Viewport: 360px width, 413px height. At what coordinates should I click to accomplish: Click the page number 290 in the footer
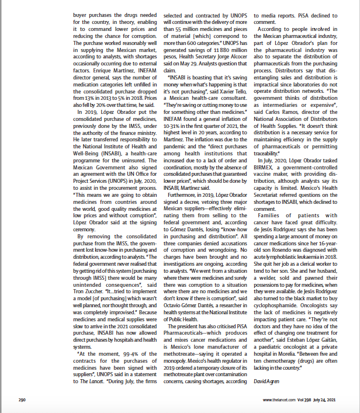[22, 400]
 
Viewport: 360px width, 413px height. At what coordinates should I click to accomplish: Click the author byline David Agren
[266, 381]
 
